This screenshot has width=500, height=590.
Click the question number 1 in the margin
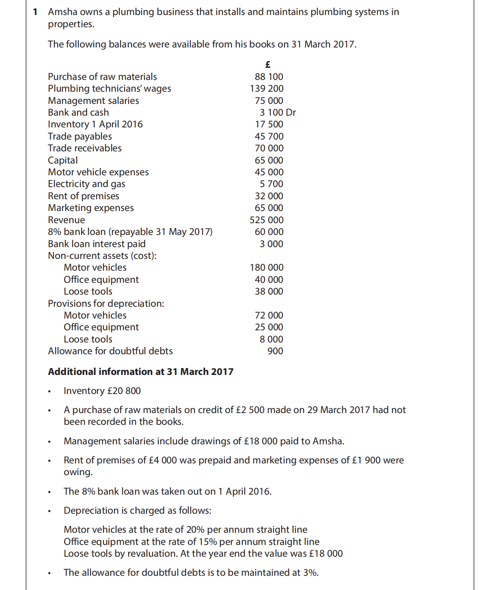click(35, 12)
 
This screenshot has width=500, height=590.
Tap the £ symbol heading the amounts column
click(268, 65)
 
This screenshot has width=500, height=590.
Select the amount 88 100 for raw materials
click(269, 77)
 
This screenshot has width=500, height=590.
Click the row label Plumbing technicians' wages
click(109, 88)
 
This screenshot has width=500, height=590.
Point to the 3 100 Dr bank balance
click(278, 112)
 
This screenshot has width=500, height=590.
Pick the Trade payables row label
click(80, 136)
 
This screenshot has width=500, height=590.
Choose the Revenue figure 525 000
click(267, 220)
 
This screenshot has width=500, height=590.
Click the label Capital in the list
click(62, 160)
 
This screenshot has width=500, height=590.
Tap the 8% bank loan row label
click(130, 232)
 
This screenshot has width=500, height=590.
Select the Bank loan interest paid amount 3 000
click(271, 244)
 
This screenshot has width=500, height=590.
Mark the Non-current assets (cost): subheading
click(102, 256)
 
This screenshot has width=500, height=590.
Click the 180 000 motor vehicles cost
click(267, 267)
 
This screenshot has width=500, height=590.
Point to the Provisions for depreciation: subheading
click(106, 304)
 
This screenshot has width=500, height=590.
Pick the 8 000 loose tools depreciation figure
click(271, 339)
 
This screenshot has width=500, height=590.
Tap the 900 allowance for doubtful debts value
click(275, 351)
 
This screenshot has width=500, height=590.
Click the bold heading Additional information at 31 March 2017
click(140, 372)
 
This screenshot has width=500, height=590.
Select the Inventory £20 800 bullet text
click(102, 391)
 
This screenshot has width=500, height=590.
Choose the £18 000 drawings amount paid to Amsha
click(261, 441)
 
